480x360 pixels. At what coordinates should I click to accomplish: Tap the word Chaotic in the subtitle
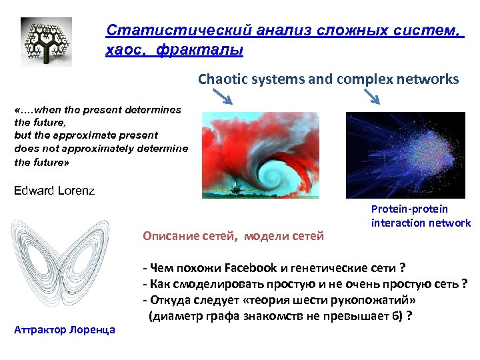(x=222, y=79)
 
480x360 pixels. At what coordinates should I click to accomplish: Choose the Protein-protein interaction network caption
(x=421, y=216)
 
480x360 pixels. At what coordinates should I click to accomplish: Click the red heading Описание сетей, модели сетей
(x=233, y=235)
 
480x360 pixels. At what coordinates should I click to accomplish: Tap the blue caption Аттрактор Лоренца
(x=64, y=329)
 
